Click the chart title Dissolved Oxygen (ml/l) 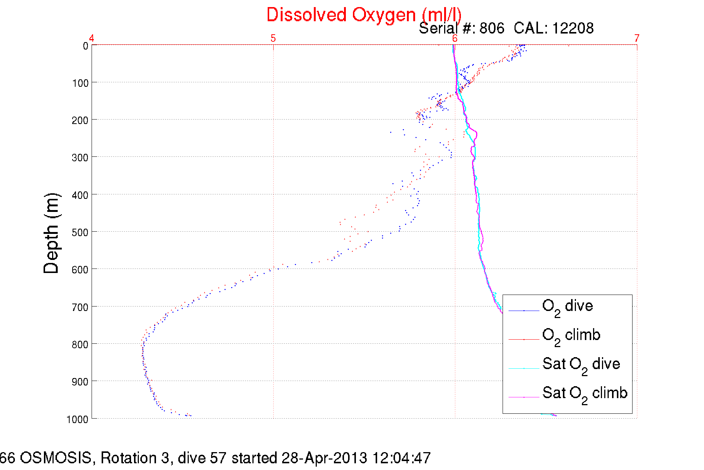click(364, 15)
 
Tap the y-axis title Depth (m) click(51, 234)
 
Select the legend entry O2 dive click(567, 307)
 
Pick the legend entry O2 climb click(571, 336)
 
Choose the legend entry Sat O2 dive click(581, 365)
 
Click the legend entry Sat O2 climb click(584, 394)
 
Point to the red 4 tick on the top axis click(92, 38)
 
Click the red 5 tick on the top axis click(273, 38)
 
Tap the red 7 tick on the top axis click(637, 38)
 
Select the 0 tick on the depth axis click(86, 46)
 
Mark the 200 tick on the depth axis click(80, 120)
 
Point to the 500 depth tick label click(80, 232)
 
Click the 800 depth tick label click(80, 344)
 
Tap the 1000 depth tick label click(77, 419)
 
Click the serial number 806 click(492, 28)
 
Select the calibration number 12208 click(573, 28)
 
